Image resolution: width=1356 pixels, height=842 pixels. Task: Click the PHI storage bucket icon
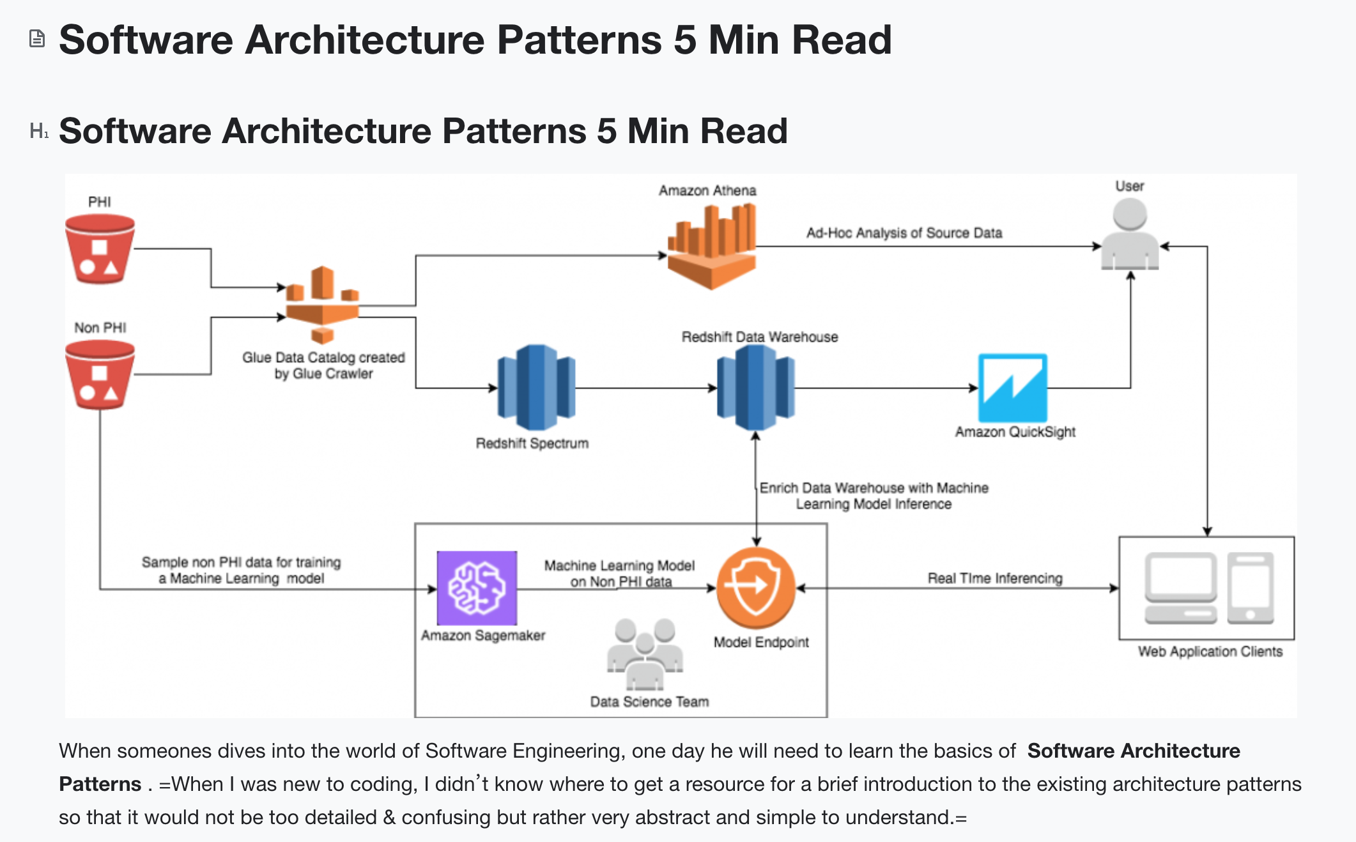pos(100,249)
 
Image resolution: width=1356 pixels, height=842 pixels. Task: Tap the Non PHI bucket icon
pos(100,375)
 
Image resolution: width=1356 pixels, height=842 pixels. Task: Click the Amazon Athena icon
pos(711,246)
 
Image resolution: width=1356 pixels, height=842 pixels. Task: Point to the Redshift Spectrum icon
pos(536,387)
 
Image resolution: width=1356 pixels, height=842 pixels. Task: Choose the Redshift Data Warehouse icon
pos(755,387)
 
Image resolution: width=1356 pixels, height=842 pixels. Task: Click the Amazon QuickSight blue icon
pos(1013,387)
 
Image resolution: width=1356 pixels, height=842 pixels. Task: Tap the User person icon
pos(1130,234)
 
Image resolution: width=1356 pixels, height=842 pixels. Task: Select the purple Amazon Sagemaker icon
pos(477,588)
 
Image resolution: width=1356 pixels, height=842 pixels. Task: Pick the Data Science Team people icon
pos(645,654)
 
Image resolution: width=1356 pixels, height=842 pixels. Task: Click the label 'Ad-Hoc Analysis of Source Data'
pos(904,233)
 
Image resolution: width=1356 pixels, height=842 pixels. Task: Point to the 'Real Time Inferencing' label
pos(995,578)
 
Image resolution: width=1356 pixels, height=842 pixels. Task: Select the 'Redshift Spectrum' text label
pos(532,443)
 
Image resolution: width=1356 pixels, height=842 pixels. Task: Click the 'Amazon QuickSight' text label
pos(1015,432)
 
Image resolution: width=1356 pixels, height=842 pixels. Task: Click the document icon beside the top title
pos(37,39)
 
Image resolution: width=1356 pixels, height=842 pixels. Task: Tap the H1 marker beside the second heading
pos(38,131)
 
